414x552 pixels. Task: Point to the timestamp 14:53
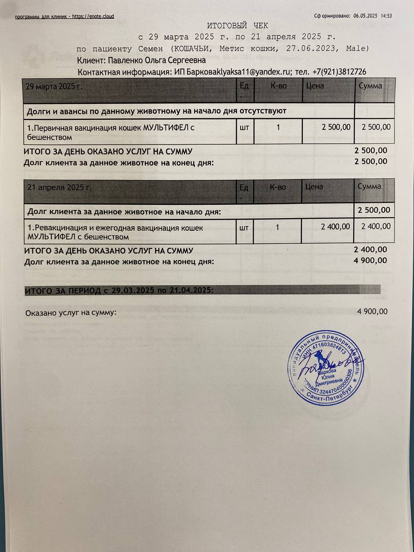pos(386,16)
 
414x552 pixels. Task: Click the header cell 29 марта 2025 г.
pos(54,86)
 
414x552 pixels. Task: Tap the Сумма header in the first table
pos(370,86)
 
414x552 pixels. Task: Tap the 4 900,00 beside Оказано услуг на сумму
pos(372,311)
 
